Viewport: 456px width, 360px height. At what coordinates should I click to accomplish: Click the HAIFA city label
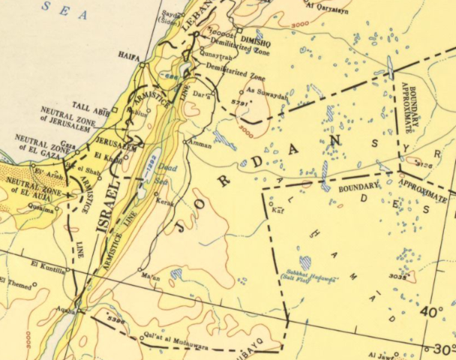(x=129, y=55)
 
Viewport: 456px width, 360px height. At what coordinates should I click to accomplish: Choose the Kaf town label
(x=277, y=211)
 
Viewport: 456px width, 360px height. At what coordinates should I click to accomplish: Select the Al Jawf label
(x=379, y=355)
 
